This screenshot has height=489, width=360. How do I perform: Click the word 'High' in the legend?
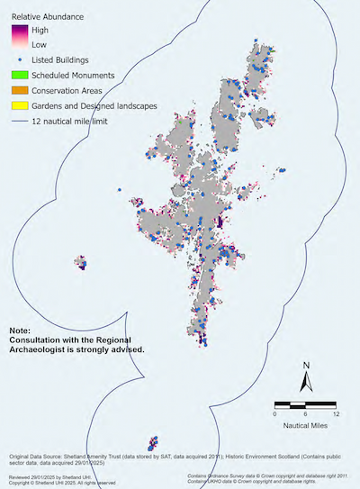coord(40,30)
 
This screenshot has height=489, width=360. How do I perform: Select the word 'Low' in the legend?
coord(40,43)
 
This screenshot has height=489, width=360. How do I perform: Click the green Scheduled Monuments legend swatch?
coord(18,74)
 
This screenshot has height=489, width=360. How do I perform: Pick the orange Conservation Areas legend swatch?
coord(18,89)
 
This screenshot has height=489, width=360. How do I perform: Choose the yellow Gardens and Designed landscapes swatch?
coord(18,105)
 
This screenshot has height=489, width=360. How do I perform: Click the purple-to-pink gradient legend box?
coord(18,36)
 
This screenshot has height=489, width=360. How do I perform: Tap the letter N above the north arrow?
coord(306,366)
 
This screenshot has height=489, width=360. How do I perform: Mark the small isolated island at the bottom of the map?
coord(154,442)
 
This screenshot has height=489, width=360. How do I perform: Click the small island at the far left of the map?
coord(81,263)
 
